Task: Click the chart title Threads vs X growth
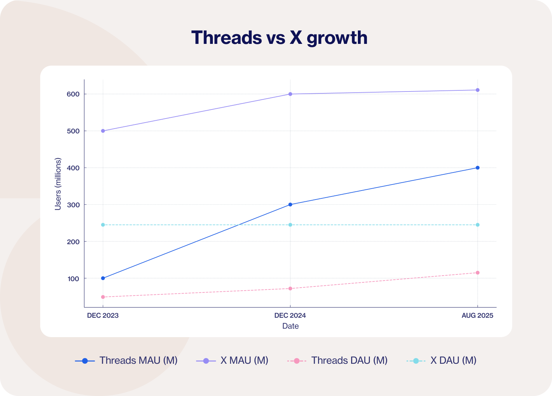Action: [x=279, y=38]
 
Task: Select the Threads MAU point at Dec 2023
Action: [x=103, y=278]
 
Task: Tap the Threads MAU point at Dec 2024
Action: [x=290, y=204]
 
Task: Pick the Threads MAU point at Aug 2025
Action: [x=477, y=168]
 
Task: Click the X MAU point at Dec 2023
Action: [x=103, y=131]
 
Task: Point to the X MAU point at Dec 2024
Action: [x=290, y=94]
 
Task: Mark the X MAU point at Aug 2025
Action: [x=477, y=90]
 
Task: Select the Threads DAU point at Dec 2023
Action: [x=103, y=297]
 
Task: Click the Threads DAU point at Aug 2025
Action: [x=477, y=273]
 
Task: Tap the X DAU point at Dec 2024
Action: [x=290, y=225]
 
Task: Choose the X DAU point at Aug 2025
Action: [x=477, y=225]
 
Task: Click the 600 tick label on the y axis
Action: [x=73, y=94]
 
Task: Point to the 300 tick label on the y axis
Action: [x=73, y=205]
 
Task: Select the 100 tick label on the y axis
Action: [x=73, y=279]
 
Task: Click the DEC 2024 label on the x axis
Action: [x=290, y=315]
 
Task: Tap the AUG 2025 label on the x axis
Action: [x=477, y=315]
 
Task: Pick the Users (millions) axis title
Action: [x=58, y=184]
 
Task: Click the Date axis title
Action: [x=290, y=326]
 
